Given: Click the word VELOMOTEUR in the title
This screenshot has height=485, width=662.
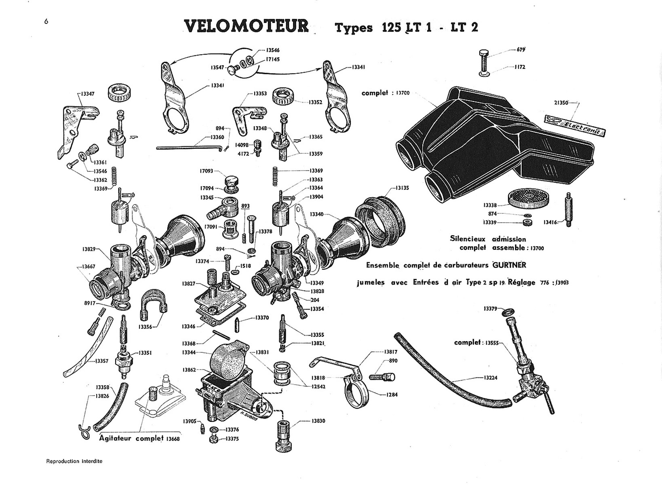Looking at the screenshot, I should pyautogui.click(x=247, y=26).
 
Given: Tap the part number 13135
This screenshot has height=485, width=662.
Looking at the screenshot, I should pyautogui.click(x=402, y=188).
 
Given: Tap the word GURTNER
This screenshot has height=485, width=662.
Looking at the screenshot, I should pyautogui.click(x=509, y=265).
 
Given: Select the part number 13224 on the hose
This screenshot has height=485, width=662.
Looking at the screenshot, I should pyautogui.click(x=491, y=378).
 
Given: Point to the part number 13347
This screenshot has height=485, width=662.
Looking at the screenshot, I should pyautogui.click(x=87, y=94).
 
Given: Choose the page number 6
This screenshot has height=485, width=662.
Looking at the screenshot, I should pyautogui.click(x=46, y=21).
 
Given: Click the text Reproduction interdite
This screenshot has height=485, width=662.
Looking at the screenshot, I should pyautogui.click(x=74, y=461).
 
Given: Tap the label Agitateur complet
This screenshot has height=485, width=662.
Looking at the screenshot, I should pyautogui.click(x=131, y=438).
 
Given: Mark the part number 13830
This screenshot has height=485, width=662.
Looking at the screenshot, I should pyautogui.click(x=318, y=421).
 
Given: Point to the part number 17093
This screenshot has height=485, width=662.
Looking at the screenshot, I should pyautogui.click(x=206, y=171).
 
